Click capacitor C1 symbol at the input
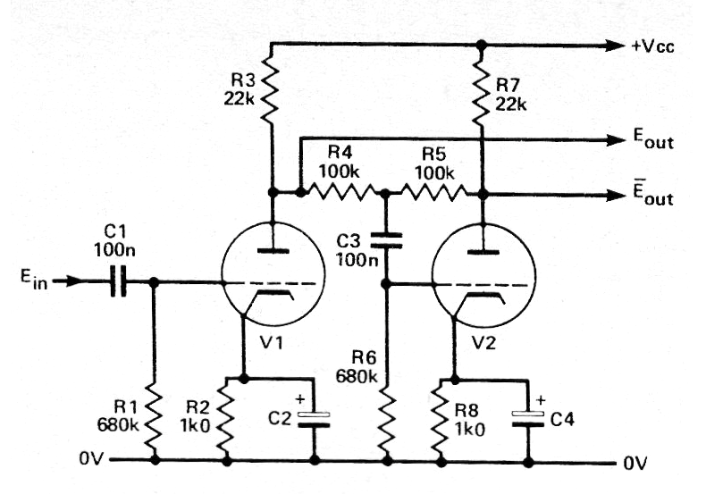(x=115, y=283)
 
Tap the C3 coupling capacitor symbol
(x=385, y=239)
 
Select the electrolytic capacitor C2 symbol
(x=313, y=421)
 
